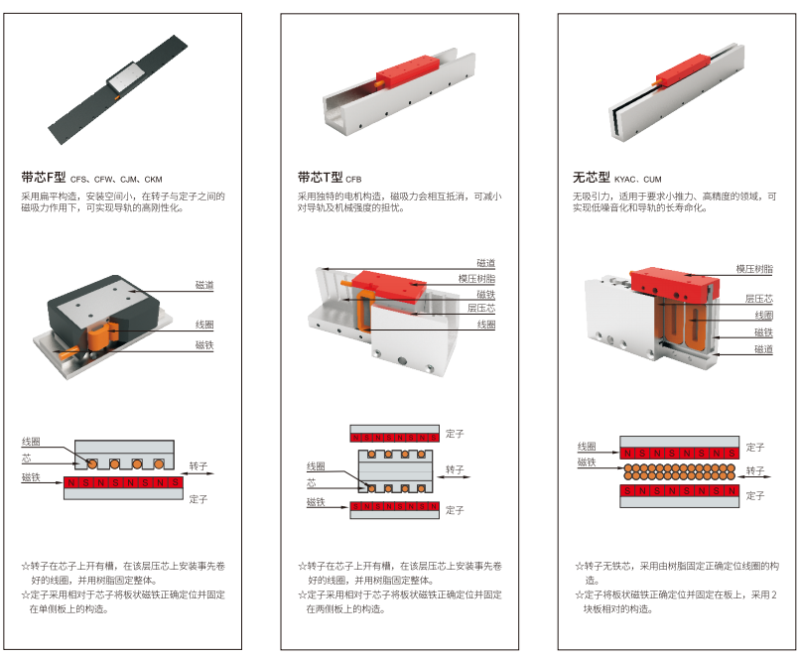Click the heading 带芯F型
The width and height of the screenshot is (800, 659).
[44, 178]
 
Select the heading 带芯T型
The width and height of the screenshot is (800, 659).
[320, 178]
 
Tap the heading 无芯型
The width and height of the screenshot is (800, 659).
[591, 178]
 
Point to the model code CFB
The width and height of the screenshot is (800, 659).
[353, 180]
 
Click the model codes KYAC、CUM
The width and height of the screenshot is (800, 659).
[638, 180]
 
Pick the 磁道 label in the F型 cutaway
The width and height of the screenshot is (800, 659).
[204, 285]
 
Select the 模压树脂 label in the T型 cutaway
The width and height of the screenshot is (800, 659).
[476, 279]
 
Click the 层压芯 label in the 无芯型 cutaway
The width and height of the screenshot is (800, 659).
[758, 299]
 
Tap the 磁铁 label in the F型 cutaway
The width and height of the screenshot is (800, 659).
[204, 345]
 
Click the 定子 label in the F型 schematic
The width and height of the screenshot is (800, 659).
[198, 499]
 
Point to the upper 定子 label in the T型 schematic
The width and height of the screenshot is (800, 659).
[455, 434]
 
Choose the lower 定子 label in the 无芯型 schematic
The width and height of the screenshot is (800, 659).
[755, 495]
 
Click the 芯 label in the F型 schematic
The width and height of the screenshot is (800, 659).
[27, 459]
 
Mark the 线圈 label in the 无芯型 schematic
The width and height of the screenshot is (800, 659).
[587, 447]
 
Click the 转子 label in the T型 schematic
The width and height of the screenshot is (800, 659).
[455, 469]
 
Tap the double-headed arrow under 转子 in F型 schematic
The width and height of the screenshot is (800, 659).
[198, 473]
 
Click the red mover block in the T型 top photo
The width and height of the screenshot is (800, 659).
[408, 71]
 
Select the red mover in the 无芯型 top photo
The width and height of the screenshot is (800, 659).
[683, 71]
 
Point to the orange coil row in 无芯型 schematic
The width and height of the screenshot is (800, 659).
[680, 471]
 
